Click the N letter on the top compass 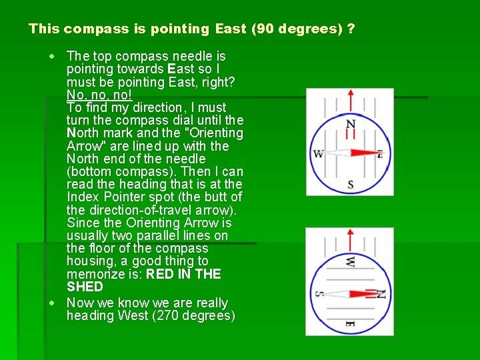click(351, 125)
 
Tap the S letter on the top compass click(351, 184)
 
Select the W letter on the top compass click(318, 155)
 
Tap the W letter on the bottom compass click(350, 262)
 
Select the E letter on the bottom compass click(349, 324)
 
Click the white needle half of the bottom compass click(335, 293)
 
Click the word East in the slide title click(231, 29)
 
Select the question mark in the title click(351, 29)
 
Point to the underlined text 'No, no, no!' click(99, 95)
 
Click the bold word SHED click(85, 287)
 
